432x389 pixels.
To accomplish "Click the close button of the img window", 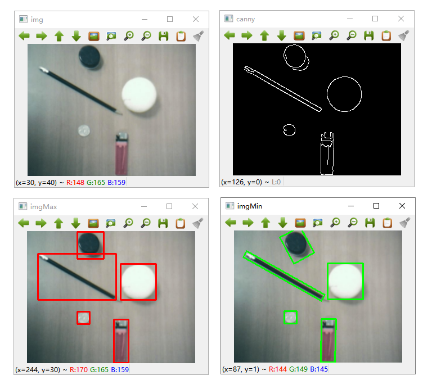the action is [196, 19].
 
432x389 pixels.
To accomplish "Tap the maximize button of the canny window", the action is [375, 19].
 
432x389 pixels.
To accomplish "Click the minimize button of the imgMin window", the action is [351, 206].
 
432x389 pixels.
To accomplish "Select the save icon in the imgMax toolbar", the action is [163, 223].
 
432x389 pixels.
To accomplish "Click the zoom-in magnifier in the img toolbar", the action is [129, 36].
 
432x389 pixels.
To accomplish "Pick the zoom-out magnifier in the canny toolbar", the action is [352, 35].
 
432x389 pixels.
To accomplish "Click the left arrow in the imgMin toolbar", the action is [231, 223].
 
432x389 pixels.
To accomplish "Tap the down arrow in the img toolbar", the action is [76, 36].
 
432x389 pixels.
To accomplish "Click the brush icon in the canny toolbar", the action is [404, 35].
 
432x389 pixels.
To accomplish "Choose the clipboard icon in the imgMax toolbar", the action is [181, 223].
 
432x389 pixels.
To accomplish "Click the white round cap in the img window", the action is [139, 94].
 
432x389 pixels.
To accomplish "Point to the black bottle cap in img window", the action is [89, 57].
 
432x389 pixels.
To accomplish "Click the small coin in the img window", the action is [84, 131].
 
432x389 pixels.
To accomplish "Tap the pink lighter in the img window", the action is [121, 154].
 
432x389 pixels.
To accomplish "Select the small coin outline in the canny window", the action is [283, 130].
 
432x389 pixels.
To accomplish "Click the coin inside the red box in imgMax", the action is [83, 318].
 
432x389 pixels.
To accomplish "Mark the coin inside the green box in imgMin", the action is [290, 318].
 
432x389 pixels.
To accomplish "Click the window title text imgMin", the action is [249, 206].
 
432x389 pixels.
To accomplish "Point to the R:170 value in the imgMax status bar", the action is [79, 369].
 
